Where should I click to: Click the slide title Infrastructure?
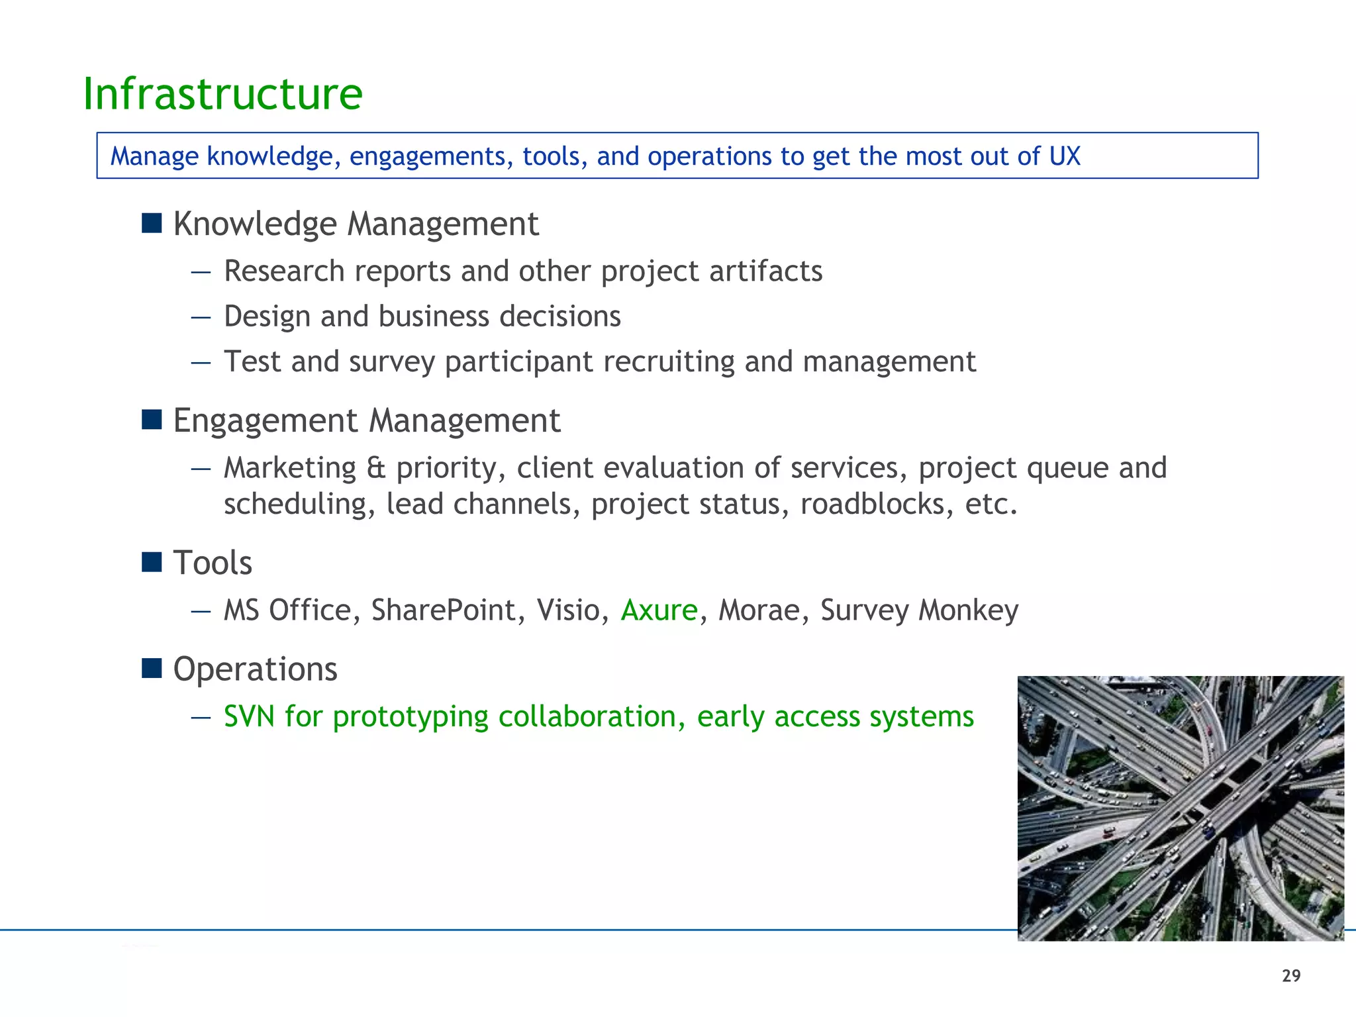(222, 94)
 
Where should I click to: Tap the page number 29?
(1290, 976)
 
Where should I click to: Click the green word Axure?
(659, 610)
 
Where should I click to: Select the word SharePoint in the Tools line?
(443, 610)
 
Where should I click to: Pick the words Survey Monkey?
(919, 610)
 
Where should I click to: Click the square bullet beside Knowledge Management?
(152, 223)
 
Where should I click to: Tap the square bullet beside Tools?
(152, 562)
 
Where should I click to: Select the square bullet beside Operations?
(152, 668)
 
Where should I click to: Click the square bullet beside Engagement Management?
(152, 419)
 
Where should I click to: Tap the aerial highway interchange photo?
(1180, 808)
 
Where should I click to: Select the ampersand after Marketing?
(375, 468)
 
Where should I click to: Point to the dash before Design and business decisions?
(201, 317)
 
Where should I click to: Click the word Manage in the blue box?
(154, 156)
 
